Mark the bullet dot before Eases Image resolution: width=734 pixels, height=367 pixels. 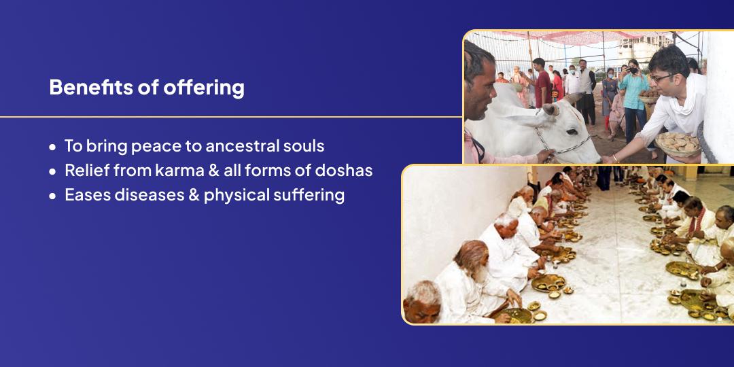tap(52, 196)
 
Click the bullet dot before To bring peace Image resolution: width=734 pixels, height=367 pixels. tap(52, 147)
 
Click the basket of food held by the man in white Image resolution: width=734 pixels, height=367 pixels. tap(678, 143)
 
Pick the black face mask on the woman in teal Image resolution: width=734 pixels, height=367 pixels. tap(633, 71)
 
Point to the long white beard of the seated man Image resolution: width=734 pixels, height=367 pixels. tap(480, 273)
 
